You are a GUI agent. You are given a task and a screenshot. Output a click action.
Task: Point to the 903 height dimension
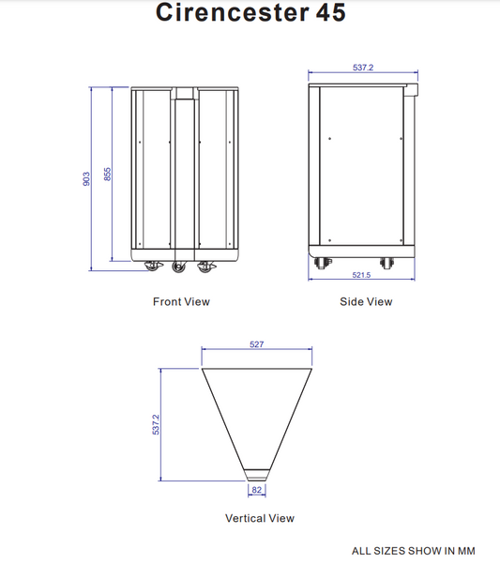[x=86, y=177]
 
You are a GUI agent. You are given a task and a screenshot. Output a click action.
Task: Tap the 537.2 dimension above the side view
[x=363, y=68]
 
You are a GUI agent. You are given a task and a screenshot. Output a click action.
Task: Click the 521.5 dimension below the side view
[x=361, y=275]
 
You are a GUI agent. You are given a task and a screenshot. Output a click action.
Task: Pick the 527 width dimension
[x=256, y=345]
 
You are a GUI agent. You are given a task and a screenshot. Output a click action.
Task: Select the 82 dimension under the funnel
[x=256, y=489]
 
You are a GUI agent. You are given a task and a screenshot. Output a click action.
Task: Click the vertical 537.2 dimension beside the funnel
[x=157, y=424]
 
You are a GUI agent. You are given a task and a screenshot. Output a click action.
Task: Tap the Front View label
[x=181, y=302]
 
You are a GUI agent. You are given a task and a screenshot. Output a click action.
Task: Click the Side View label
[x=366, y=302]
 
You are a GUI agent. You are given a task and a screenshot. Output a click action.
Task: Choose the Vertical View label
[x=259, y=518]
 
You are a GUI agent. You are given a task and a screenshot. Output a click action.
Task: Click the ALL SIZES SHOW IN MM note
[x=413, y=551]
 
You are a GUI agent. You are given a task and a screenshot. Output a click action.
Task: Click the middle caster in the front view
[x=179, y=268]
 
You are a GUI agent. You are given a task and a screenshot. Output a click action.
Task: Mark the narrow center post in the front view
[x=183, y=174]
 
